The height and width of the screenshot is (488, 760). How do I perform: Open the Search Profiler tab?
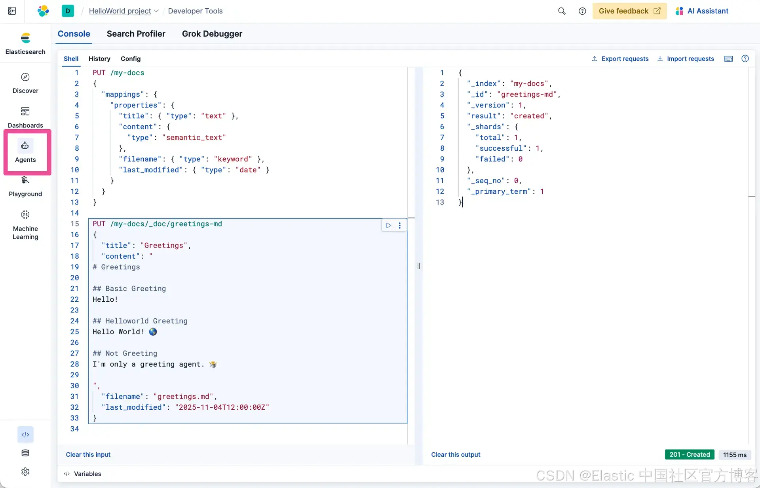(x=136, y=34)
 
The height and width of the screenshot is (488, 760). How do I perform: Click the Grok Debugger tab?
(x=212, y=34)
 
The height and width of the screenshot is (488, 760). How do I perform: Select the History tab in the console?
(x=99, y=59)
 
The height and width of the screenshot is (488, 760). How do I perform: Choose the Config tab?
(x=130, y=59)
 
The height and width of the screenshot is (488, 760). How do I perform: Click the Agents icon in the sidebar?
(x=25, y=146)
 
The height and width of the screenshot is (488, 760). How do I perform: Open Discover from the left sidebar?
(x=25, y=77)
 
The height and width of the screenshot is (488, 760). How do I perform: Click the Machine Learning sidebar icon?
(x=25, y=215)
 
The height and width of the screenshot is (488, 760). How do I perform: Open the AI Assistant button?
(x=702, y=11)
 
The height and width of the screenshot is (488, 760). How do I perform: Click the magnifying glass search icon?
(x=562, y=11)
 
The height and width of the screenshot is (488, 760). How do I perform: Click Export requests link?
(x=620, y=59)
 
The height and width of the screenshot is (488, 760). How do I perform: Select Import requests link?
(x=686, y=59)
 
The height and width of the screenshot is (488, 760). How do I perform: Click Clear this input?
(x=88, y=455)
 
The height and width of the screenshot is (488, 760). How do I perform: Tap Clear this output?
(x=456, y=455)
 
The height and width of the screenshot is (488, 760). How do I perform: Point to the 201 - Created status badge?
(x=690, y=455)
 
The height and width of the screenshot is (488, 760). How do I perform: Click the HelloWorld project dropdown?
(x=123, y=11)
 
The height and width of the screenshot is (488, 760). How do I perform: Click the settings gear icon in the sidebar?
(x=25, y=472)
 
